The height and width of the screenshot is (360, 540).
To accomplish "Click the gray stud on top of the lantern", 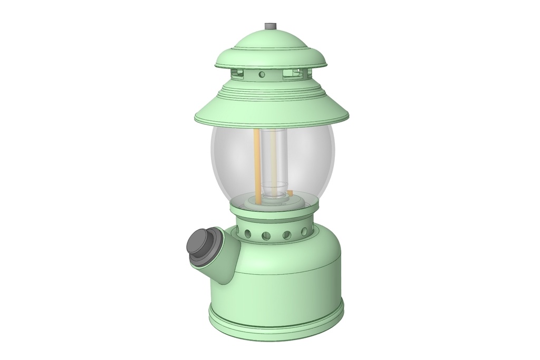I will pyautogui.click(x=271, y=26).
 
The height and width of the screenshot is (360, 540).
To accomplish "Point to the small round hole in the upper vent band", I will pyautogui.click(x=262, y=74).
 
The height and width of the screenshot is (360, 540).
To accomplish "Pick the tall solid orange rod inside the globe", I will pyautogui.click(x=256, y=163).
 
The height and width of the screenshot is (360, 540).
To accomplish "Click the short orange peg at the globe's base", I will pyautogui.click(x=291, y=193).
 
